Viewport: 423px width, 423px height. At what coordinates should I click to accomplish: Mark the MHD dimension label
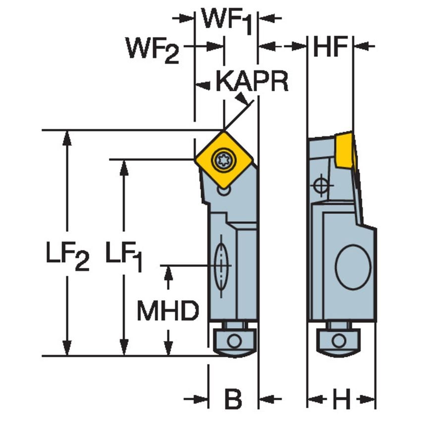[x=168, y=311]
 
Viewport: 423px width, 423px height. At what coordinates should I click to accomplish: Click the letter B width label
[x=233, y=399]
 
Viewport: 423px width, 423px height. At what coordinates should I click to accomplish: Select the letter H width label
[x=341, y=399]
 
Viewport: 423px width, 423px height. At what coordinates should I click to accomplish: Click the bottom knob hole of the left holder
[x=235, y=341]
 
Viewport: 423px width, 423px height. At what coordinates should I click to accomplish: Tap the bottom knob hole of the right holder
[x=339, y=341]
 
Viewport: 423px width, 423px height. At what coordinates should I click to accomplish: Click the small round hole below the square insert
[x=224, y=190]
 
